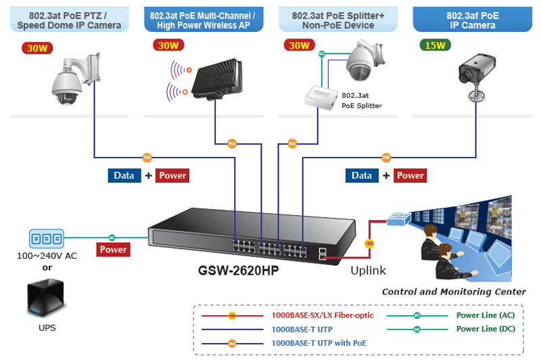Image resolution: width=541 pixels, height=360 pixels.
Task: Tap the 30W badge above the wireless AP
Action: (166, 46)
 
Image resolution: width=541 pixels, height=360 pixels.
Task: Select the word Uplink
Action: (368, 271)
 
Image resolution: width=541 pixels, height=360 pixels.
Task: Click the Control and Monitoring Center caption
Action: (453, 292)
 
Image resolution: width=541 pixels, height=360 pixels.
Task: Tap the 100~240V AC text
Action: (47, 256)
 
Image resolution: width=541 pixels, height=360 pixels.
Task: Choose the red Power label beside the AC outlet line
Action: (113, 250)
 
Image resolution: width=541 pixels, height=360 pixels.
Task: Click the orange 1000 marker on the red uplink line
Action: (369, 242)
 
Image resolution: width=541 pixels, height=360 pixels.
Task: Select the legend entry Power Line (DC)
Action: (486, 329)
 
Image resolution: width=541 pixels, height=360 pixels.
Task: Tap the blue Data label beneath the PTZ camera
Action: (124, 175)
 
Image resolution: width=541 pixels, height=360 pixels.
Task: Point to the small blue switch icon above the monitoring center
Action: (397, 219)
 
